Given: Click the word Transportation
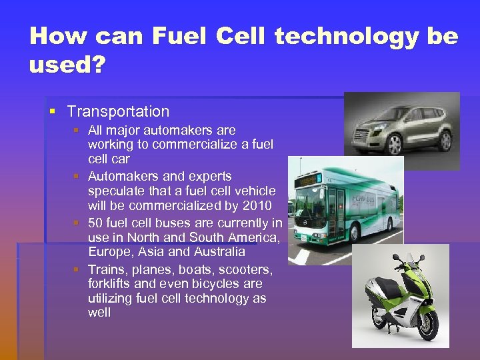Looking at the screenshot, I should [x=118, y=111].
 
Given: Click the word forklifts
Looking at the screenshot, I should [x=109, y=283].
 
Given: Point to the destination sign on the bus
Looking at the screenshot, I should [x=309, y=180].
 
